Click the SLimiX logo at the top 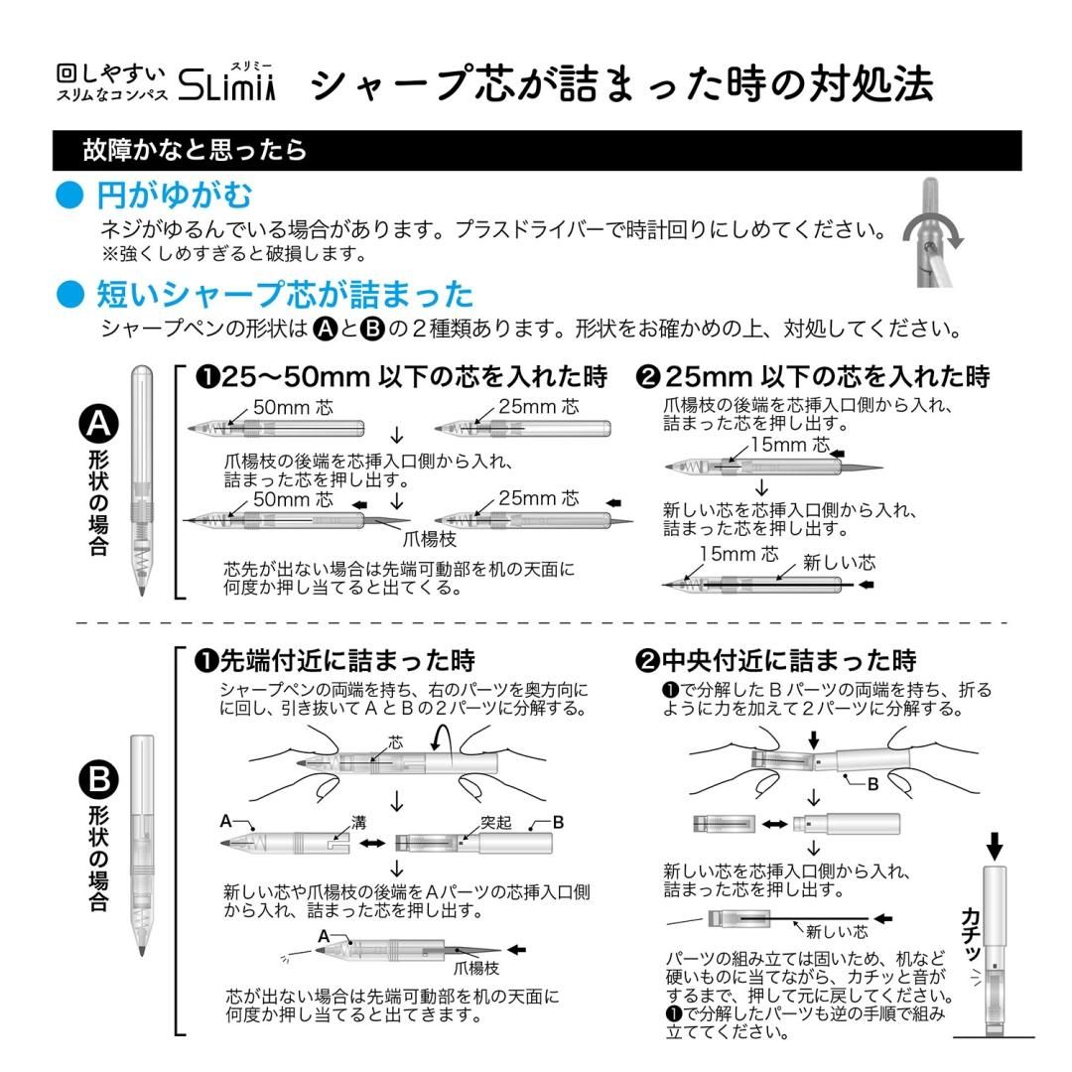[x=226, y=87]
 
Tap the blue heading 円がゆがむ [x=175, y=194]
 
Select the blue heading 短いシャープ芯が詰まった [x=285, y=294]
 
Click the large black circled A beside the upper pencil [x=98, y=425]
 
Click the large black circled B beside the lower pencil [x=98, y=780]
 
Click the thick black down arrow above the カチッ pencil [x=995, y=845]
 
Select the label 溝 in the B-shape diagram [x=358, y=823]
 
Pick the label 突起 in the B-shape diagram [x=495, y=823]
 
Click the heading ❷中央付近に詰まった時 [x=775, y=660]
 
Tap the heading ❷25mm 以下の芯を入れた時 [x=813, y=377]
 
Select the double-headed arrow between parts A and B [x=372, y=844]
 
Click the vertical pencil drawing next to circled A [x=142, y=480]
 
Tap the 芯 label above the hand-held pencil [x=396, y=741]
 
